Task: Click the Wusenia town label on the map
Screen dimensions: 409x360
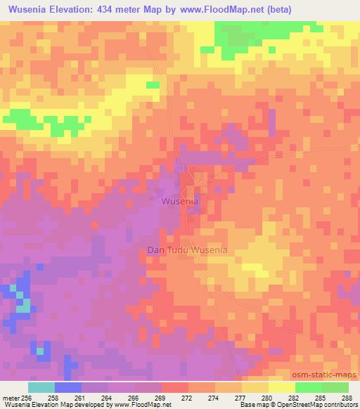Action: point(180,201)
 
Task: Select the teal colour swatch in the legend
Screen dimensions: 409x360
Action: point(41,387)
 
